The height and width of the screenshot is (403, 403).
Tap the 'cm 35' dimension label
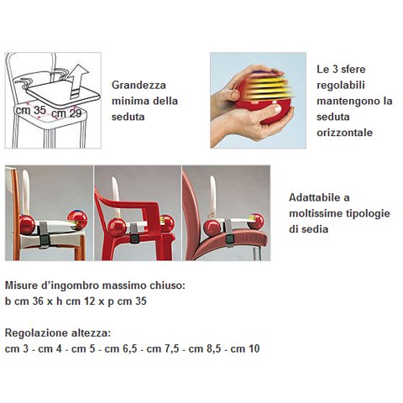tap(31, 110)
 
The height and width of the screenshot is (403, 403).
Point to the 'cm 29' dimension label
tap(66, 113)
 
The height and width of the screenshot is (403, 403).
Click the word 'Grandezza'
tap(139, 85)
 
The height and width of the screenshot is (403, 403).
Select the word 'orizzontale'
tap(344, 133)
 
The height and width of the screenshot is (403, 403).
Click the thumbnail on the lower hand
tap(277, 108)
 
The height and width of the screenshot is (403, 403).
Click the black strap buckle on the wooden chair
tap(44, 240)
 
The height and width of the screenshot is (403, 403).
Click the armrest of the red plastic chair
tap(128, 202)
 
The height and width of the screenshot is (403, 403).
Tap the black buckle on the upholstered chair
tap(230, 239)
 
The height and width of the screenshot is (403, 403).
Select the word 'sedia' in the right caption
tap(313, 229)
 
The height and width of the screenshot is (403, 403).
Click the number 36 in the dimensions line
tap(38, 301)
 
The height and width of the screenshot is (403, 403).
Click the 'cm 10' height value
tap(245, 348)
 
